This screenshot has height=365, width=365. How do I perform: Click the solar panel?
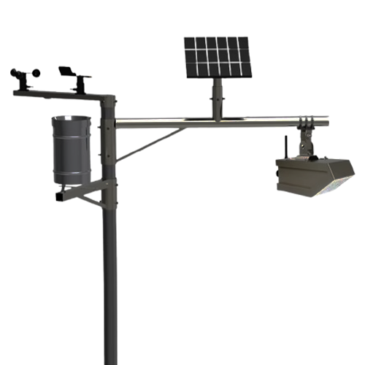[216, 57]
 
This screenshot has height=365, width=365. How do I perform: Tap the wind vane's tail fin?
[66, 69]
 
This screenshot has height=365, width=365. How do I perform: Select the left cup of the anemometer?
[15, 73]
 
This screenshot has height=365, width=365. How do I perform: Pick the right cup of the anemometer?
[36, 73]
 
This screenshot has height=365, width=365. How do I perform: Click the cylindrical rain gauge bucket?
[72, 150]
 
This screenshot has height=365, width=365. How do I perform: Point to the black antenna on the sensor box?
[287, 145]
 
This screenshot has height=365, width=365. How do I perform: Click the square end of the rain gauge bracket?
[58, 196]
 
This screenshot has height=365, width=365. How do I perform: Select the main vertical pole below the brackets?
[110, 292]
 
